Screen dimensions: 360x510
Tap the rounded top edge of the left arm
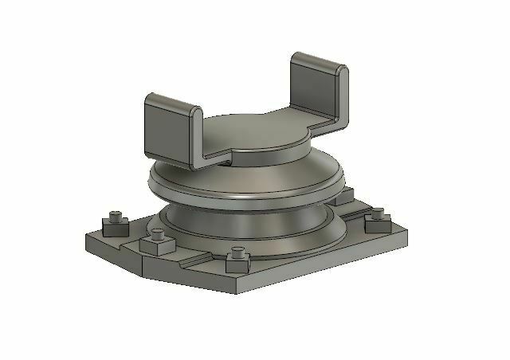click(172, 100)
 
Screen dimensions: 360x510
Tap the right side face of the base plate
click(351, 263)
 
